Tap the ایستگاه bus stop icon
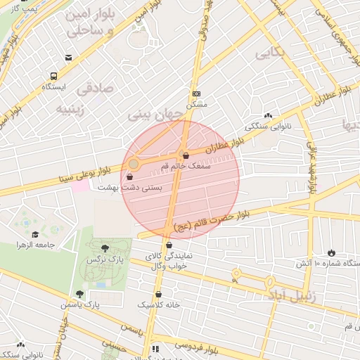pyautogui.click(x=53, y=76)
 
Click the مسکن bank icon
pyautogui.click(x=196, y=94)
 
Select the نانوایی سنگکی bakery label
pyautogui.click(x=260, y=128)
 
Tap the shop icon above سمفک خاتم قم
pyautogui.click(x=186, y=155)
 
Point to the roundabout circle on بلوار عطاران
pyautogui.click(x=134, y=164)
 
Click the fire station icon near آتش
pyautogui.click(x=331, y=252)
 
